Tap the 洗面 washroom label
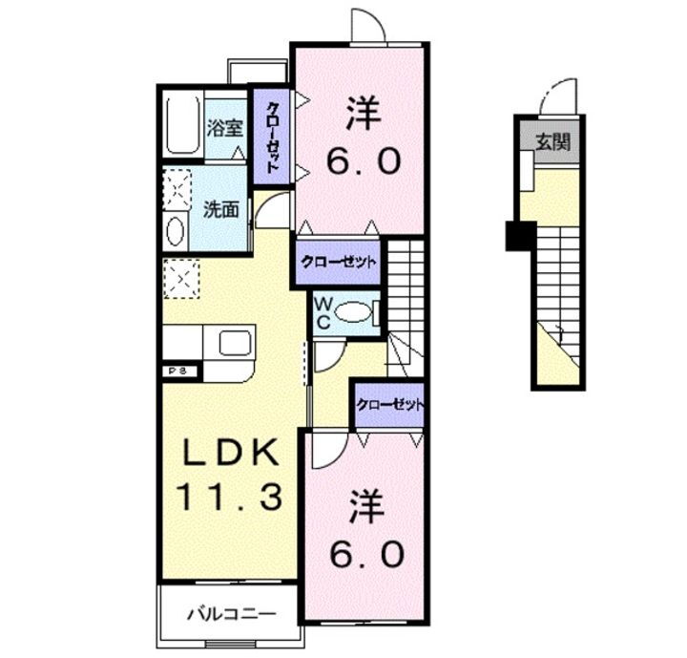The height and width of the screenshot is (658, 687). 221,208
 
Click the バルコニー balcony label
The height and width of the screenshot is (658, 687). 230,614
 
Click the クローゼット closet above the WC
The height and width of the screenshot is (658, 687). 339,262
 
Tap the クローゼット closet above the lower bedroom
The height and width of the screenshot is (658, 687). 389,405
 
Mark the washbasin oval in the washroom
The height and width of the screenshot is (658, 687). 177,231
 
